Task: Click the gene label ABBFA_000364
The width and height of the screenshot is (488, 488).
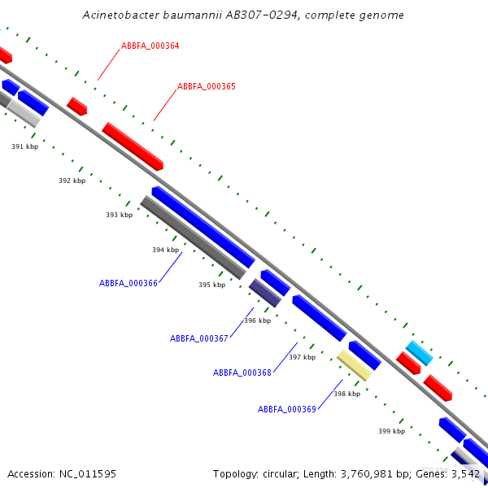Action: click(150, 46)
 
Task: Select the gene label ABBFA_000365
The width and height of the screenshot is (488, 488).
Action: click(207, 86)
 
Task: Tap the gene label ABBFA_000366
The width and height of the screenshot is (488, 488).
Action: click(128, 283)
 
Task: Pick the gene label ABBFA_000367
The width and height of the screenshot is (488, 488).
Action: click(198, 338)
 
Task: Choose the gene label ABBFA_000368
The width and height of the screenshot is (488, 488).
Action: click(242, 373)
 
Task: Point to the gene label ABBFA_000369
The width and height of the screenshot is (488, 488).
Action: click(286, 409)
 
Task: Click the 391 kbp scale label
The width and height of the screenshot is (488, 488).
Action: click(24, 146)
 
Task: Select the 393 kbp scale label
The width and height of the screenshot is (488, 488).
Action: click(119, 215)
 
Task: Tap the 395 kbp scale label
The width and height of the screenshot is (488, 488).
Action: click(211, 285)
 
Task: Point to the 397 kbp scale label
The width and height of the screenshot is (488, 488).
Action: click(302, 357)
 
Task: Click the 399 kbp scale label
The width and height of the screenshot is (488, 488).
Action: click(391, 431)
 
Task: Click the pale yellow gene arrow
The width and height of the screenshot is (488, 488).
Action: click(354, 365)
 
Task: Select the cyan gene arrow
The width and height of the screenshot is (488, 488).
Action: click(419, 353)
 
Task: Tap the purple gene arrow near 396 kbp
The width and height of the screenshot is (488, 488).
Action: click(265, 293)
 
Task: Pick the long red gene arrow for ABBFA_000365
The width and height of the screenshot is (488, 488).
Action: click(133, 146)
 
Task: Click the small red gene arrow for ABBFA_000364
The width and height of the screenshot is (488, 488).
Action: click(76, 106)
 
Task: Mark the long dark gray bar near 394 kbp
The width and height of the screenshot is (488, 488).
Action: click(193, 237)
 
